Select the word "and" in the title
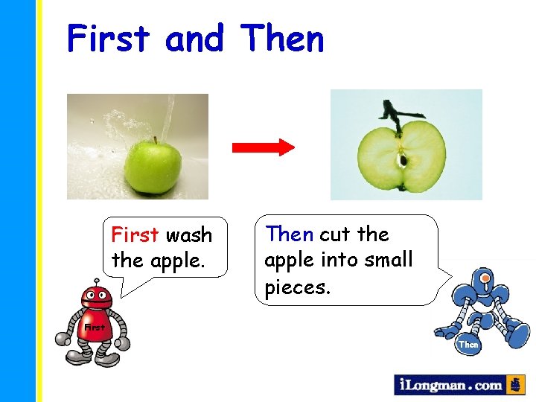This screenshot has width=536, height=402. (194, 39)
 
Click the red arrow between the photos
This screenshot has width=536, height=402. (264, 147)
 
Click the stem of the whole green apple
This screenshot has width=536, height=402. (156, 139)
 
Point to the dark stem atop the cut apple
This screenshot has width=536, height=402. (395, 112)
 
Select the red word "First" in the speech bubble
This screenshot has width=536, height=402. (135, 235)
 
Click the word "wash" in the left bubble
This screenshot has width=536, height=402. (189, 235)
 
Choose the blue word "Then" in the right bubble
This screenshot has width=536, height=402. (290, 234)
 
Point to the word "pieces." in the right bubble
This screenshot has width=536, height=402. (296, 287)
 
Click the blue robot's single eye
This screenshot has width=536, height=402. (485, 281)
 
